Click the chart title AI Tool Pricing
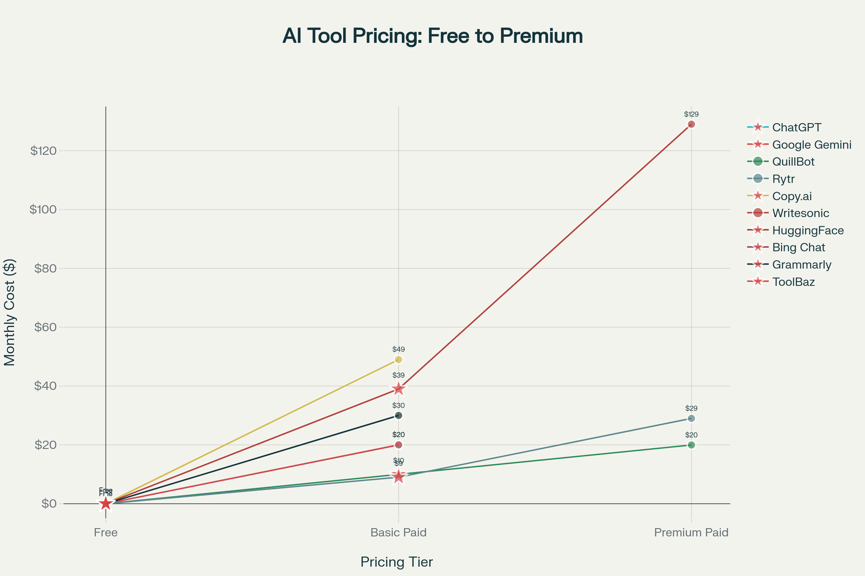pos(432,36)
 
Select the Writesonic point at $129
pos(691,124)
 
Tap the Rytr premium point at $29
pos(691,418)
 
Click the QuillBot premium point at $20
pos(691,445)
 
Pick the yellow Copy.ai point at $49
pos(398,359)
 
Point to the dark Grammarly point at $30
pos(398,415)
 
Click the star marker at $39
pos(398,389)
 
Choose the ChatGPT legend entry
pos(796,127)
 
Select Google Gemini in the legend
pos(811,145)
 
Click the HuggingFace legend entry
pos(808,230)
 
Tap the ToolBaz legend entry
pos(793,282)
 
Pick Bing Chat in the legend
pos(798,248)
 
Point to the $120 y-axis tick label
pos(43,150)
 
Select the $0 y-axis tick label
pos(49,503)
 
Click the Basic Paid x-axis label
pos(398,533)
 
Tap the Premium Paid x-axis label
pos(691,533)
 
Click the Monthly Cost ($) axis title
pos(10,312)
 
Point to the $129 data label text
pos(691,114)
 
